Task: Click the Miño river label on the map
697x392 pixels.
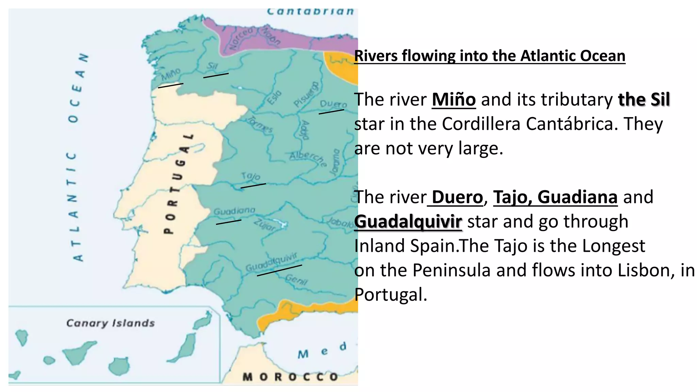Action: click(x=171, y=74)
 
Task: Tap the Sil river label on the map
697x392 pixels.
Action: click(x=212, y=66)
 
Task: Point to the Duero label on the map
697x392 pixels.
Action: click(x=333, y=104)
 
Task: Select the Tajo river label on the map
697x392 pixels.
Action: click(x=251, y=176)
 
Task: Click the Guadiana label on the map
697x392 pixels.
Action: click(x=234, y=211)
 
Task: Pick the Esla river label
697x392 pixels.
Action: click(x=274, y=97)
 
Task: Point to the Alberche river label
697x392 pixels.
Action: click(x=308, y=158)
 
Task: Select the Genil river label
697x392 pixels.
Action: click(x=296, y=280)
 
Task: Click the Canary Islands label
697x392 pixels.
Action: click(x=110, y=323)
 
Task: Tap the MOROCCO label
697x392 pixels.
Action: click(x=290, y=377)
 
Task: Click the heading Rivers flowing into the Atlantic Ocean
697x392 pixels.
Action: click(x=490, y=56)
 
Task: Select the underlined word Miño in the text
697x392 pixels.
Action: click(x=454, y=99)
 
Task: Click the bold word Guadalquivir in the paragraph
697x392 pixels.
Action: click(x=408, y=222)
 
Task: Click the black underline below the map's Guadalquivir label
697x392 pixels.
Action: click(x=279, y=270)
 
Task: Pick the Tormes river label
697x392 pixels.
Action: click(x=260, y=124)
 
